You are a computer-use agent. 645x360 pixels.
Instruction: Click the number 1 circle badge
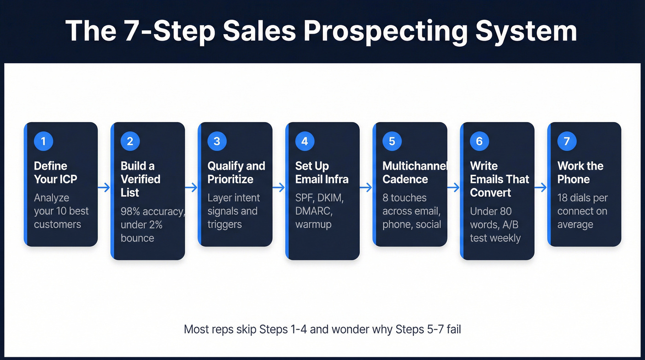point(43,141)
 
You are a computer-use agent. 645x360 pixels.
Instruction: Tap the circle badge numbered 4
point(305,141)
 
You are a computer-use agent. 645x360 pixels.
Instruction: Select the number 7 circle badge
point(567,141)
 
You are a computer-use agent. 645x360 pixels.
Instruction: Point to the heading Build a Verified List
point(140,179)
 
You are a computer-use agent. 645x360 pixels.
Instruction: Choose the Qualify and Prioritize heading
point(236,172)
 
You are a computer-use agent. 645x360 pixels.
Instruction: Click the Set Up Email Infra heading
point(322,172)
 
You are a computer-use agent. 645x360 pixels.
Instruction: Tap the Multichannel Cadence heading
point(414,172)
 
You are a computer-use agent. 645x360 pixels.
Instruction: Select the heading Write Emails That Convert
point(499,179)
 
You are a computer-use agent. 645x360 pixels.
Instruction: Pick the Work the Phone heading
point(580,172)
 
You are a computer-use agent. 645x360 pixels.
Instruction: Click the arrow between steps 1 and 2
point(104,188)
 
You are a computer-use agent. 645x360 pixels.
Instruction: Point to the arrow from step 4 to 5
point(366,188)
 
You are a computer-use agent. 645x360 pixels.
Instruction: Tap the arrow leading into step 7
point(540,188)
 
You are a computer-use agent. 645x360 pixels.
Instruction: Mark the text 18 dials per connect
point(582,204)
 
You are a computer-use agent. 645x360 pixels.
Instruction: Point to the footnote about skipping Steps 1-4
point(322,329)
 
